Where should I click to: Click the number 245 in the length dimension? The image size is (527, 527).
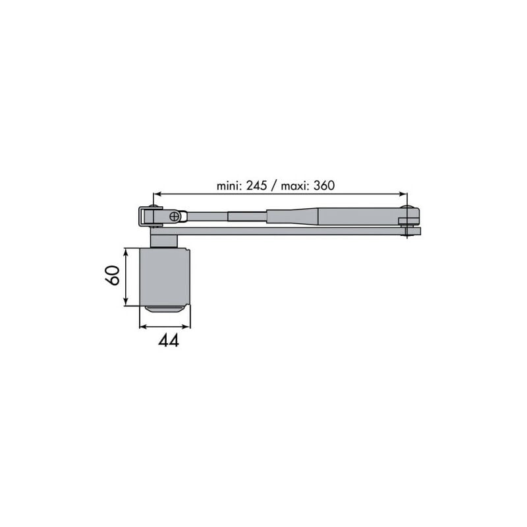[256, 185]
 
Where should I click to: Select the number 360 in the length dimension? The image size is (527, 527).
[324, 185]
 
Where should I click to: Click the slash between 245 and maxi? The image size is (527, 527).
[274, 186]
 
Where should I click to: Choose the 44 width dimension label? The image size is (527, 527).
[169, 341]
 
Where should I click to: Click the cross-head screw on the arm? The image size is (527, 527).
[175, 217]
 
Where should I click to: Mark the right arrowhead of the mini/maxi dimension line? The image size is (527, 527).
[402, 194]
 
